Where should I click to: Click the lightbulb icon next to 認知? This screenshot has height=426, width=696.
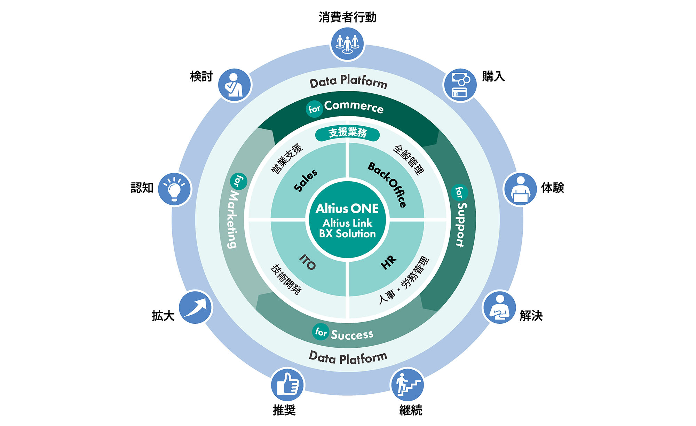[174, 189]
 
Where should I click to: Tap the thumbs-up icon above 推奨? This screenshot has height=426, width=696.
[287, 385]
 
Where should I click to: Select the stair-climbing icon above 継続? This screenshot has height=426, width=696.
[407, 385]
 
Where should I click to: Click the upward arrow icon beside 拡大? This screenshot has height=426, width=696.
[196, 307]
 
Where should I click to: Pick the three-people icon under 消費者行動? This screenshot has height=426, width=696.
[347, 44]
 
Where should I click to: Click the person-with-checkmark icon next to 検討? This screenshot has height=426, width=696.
[235, 85]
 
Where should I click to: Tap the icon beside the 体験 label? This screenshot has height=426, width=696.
[520, 189]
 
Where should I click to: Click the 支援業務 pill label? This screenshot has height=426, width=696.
[347, 133]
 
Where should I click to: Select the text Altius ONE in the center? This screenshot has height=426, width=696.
[347, 208]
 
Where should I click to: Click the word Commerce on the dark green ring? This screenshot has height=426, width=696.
[354, 106]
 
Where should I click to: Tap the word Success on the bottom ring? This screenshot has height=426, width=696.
[352, 334]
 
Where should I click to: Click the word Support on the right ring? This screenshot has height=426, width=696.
[461, 225]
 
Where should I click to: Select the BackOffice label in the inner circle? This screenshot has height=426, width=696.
[387, 184]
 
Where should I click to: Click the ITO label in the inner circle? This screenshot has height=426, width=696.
[308, 262]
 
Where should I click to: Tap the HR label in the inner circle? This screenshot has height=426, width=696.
[388, 262]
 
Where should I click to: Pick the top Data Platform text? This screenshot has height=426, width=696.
[348, 82]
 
